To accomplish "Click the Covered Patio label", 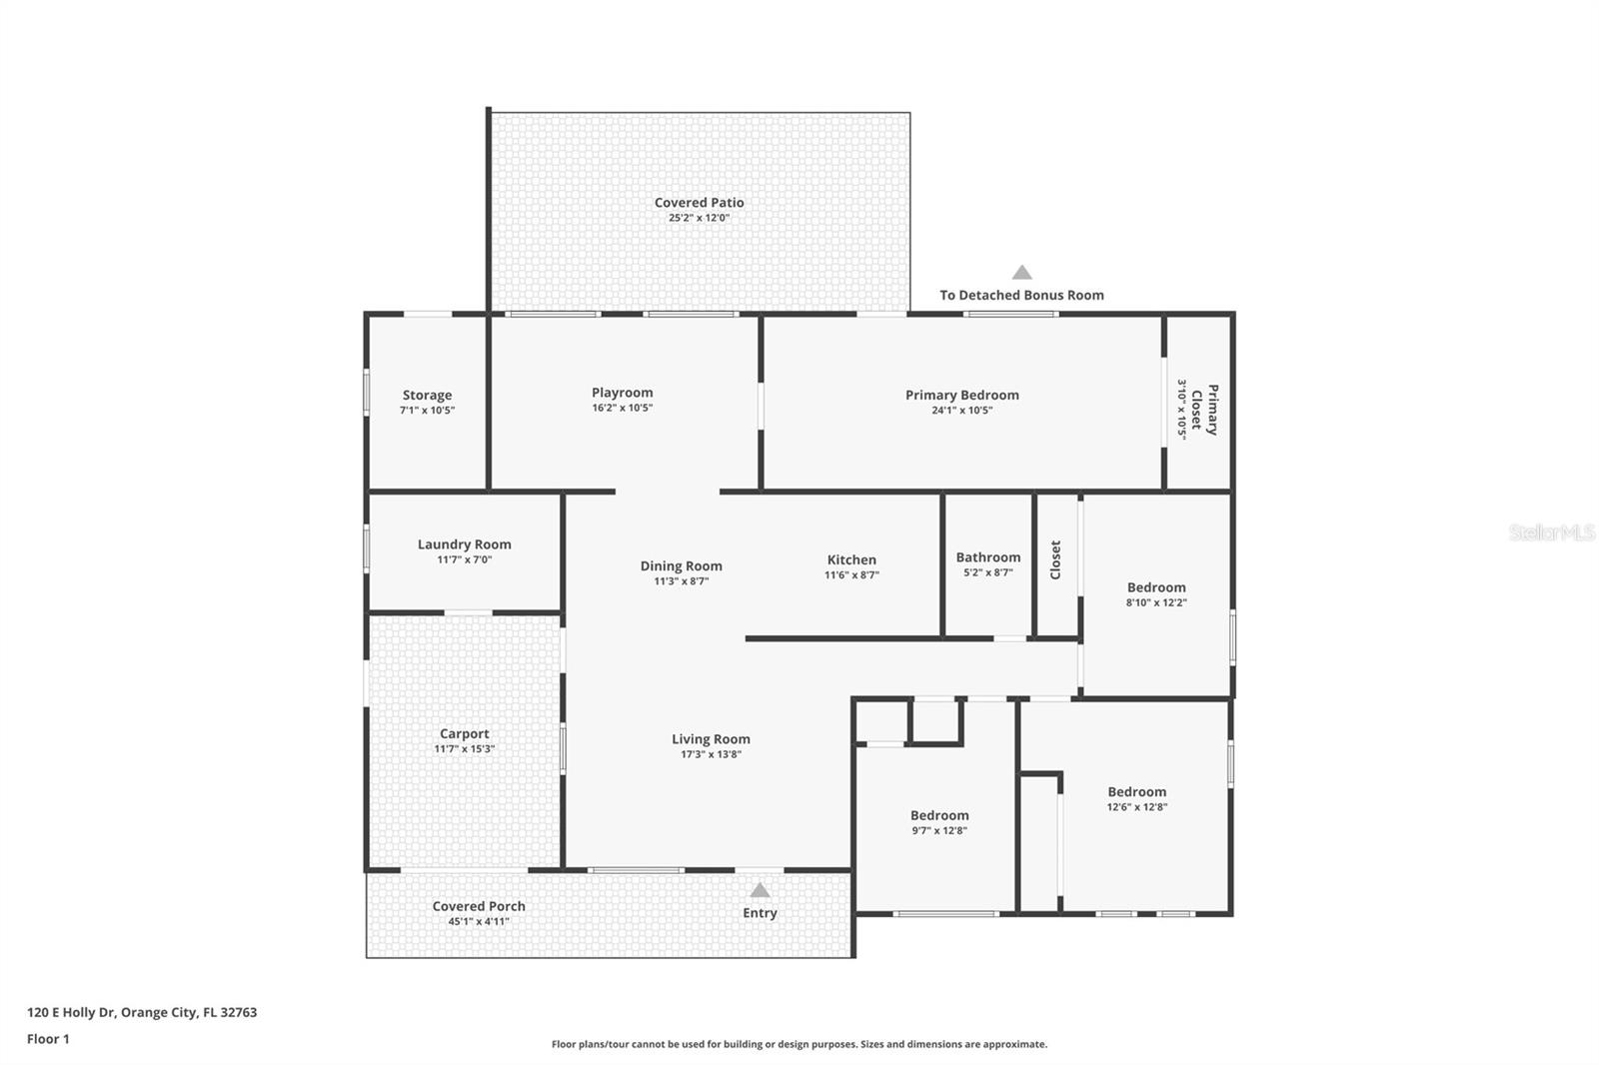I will (x=699, y=203).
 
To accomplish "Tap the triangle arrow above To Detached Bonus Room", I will (x=1021, y=273).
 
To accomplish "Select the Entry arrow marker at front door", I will (x=760, y=890).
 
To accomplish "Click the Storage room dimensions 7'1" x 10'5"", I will (x=427, y=411).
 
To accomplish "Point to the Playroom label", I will (x=622, y=393).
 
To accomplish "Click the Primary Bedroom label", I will (x=961, y=395).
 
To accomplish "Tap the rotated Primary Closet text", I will (x=1204, y=410).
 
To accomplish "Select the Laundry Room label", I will (x=464, y=544).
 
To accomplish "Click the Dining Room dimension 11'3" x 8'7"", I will (x=681, y=581).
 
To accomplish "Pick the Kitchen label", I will (x=851, y=559).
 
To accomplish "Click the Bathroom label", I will (x=987, y=557).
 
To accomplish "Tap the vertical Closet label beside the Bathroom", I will (x=1055, y=560).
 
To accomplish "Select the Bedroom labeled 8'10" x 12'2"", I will (x=1156, y=587).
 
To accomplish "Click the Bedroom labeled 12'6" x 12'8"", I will (x=1136, y=791).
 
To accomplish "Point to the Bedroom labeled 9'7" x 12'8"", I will (x=938, y=815).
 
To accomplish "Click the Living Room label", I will (x=711, y=739).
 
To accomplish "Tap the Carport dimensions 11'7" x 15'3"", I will (x=464, y=749).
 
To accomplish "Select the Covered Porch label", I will (x=479, y=906).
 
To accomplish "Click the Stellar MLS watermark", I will (x=1551, y=533).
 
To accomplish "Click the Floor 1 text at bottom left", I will (x=48, y=1039).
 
